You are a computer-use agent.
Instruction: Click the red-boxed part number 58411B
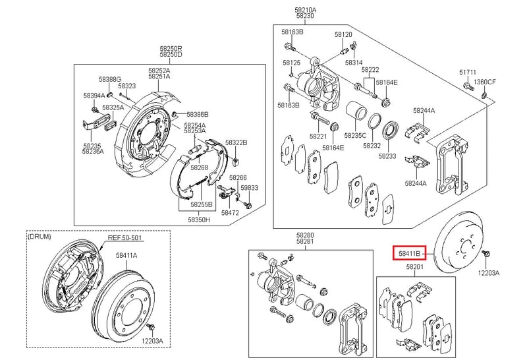coord(409,253)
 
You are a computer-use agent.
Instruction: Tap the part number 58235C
coord(355,136)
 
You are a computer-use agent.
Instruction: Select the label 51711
coord(468,73)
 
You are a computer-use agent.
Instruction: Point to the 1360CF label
coord(485,82)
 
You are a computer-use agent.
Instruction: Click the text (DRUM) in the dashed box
coord(40,237)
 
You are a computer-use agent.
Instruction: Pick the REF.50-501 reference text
coord(125,238)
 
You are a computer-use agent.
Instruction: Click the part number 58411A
coord(126,255)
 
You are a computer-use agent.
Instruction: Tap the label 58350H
coord(199,220)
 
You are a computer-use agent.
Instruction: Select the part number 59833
coord(250,188)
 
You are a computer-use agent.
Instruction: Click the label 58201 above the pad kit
coord(415,267)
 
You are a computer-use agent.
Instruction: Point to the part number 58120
coord(343,34)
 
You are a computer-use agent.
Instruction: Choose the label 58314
coord(354,62)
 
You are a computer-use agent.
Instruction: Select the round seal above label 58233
coord(391,131)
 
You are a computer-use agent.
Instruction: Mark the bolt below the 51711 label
coord(469,86)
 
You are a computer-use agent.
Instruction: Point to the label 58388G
coord(110,79)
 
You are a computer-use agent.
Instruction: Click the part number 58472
coord(230,212)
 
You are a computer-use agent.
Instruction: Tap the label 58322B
coord(236,142)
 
